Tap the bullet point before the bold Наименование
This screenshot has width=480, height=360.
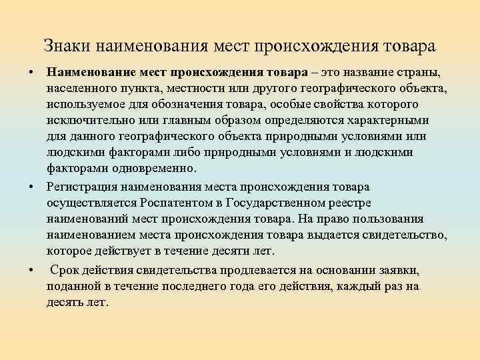coord(31,71)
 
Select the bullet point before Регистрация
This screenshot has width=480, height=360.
coord(31,186)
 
